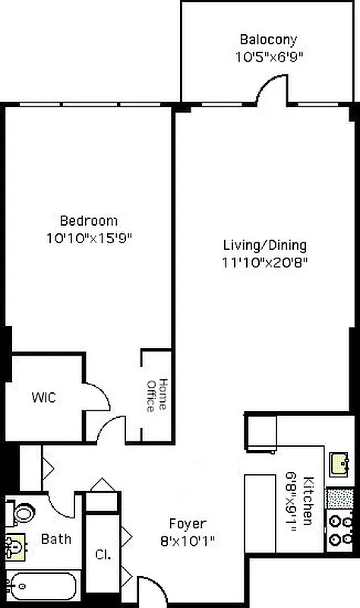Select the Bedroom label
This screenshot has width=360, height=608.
point(89,221)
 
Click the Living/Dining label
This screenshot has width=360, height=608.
point(264,245)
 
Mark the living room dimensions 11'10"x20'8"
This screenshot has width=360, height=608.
point(264,262)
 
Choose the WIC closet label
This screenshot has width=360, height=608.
point(43,397)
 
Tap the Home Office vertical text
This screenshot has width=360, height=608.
point(155,395)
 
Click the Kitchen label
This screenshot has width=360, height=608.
point(308,499)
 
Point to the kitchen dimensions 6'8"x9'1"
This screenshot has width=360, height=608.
point(291,499)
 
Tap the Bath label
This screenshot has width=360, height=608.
point(55,540)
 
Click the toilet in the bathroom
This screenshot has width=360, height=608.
point(23,513)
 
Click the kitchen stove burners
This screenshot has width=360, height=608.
point(339,530)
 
